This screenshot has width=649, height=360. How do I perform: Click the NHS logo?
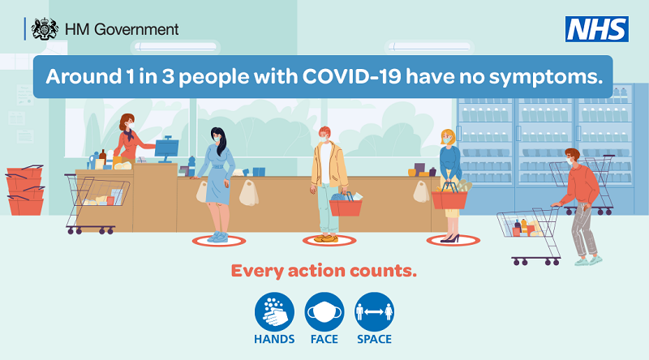(597, 29)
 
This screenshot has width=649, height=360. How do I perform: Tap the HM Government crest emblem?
(44, 29)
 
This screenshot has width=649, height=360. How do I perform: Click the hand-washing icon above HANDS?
(275, 311)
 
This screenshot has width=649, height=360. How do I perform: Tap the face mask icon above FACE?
(324, 311)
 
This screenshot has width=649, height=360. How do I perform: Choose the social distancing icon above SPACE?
(374, 311)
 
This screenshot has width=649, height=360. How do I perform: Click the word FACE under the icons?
(324, 339)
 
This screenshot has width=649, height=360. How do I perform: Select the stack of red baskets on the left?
(24, 191)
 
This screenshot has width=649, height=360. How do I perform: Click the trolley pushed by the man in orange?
(528, 231)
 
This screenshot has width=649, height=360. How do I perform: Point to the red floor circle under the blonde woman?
(453, 241)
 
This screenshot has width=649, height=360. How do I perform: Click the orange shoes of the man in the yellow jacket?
(325, 238)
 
